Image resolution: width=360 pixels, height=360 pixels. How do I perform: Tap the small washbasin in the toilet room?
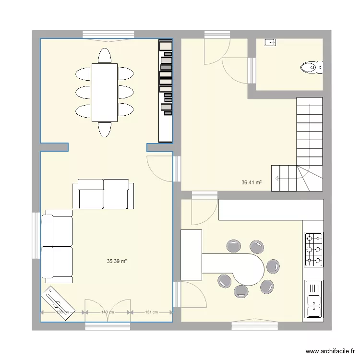270,43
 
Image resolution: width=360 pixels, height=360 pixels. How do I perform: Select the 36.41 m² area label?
252,182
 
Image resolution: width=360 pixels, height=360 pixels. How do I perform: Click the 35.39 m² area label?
117,262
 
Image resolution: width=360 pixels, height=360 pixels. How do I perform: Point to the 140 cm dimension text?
108,312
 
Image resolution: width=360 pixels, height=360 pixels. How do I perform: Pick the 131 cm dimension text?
151,312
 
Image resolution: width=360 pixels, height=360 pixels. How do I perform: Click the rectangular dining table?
105,92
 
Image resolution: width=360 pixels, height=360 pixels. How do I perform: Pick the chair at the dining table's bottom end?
105,130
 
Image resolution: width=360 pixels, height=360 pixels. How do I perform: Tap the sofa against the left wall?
57,246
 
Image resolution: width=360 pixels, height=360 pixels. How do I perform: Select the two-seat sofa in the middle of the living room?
104,194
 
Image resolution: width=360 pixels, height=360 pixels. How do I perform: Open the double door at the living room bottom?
108,307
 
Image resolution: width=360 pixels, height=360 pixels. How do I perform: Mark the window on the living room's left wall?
36,235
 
